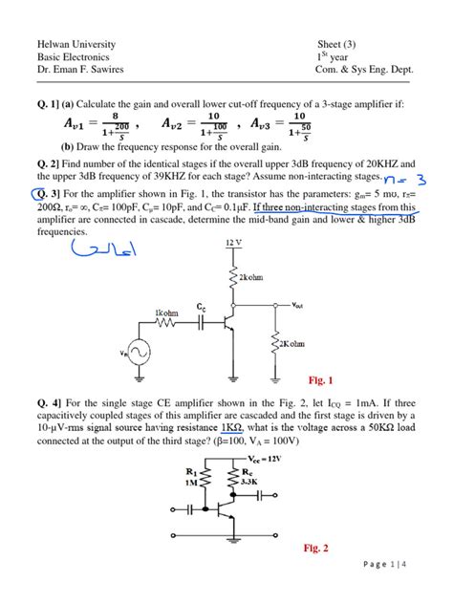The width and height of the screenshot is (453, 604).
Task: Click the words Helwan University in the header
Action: [x=75, y=44]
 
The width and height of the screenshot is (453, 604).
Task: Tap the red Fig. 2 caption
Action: [x=315, y=549]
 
